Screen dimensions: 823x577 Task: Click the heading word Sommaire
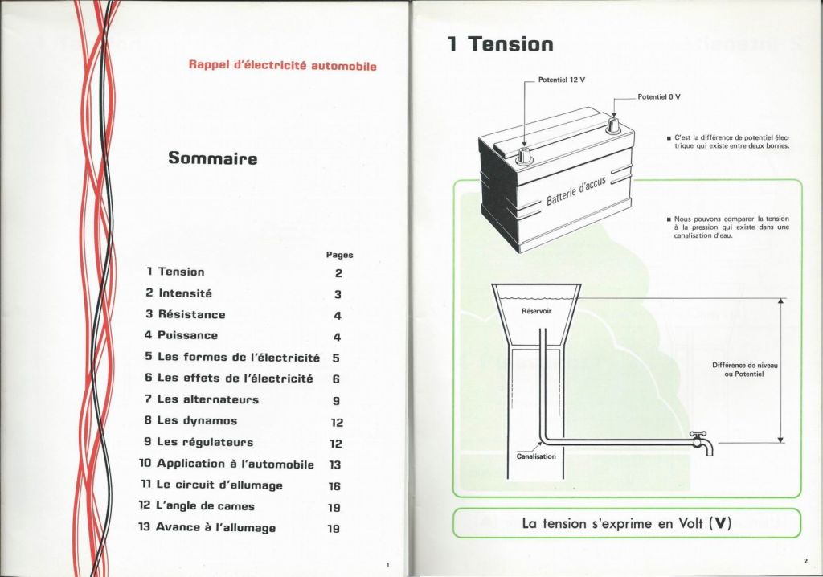(212, 158)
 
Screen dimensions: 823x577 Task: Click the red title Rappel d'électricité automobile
(282, 66)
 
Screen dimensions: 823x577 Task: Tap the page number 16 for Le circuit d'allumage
(334, 486)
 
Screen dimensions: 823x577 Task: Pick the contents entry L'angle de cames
(196, 506)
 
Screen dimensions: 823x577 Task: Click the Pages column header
(340, 256)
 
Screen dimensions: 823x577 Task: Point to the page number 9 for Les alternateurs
(337, 400)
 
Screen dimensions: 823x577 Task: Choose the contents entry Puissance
(181, 335)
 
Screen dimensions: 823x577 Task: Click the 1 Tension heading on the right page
(500, 43)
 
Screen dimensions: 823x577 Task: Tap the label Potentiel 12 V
(561, 80)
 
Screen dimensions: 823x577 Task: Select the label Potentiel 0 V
(659, 97)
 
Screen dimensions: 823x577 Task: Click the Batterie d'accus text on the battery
(575, 191)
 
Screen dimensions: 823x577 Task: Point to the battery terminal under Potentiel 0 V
(612, 126)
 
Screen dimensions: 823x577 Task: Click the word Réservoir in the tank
(536, 311)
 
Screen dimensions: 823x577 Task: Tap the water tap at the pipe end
(702, 443)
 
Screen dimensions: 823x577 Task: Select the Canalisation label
(536, 456)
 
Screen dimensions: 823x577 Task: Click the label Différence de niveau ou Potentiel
(745, 370)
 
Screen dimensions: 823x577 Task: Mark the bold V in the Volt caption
(723, 523)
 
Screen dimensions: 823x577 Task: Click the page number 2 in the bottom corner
(805, 561)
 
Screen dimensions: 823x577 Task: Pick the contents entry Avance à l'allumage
(207, 527)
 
